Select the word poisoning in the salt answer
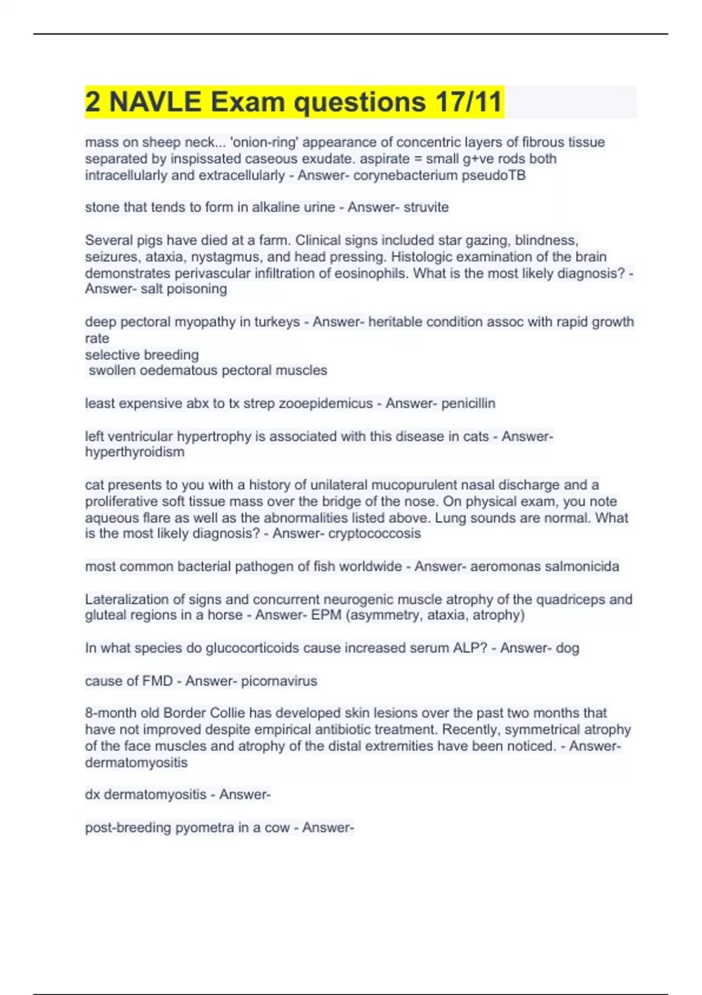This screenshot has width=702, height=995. click(x=197, y=289)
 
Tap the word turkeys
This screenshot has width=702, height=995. click(x=277, y=322)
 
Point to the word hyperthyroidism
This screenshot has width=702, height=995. click(x=135, y=452)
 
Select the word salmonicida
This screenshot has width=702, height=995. click(x=581, y=567)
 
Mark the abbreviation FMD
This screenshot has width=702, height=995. click(x=157, y=681)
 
